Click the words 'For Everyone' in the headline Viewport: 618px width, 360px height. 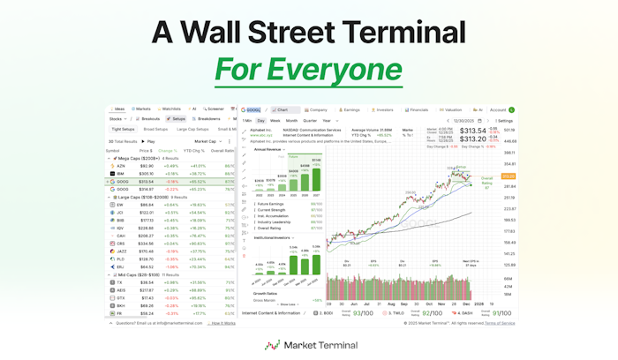(308, 68)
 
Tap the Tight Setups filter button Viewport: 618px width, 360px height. (123, 129)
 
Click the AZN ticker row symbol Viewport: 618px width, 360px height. (120, 165)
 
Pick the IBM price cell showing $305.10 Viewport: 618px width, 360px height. (147, 173)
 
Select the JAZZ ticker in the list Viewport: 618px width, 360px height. (122, 250)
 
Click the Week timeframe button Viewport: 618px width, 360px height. (275, 120)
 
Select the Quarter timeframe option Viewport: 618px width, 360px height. (309, 120)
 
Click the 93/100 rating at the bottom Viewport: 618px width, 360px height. (361, 312)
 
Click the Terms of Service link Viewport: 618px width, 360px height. (500, 324)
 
